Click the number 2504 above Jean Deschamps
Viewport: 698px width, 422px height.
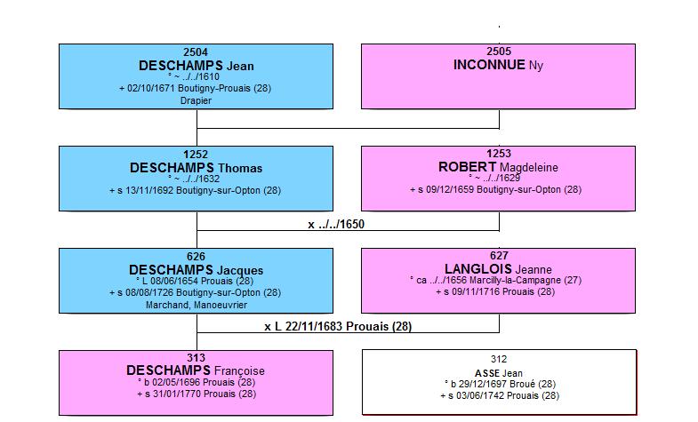click(196, 52)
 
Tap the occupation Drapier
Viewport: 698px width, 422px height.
click(196, 100)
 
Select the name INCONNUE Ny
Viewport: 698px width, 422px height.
click(498, 65)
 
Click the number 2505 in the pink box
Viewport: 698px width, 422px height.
click(499, 52)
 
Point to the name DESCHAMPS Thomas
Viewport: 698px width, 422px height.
click(196, 168)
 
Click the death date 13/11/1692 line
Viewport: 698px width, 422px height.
click(195, 190)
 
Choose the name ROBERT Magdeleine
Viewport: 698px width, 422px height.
click(498, 167)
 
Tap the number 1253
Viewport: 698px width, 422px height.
click(499, 154)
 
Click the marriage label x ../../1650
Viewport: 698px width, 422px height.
click(336, 224)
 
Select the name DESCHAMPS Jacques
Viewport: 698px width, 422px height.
click(196, 270)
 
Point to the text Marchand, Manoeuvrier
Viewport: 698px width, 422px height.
click(197, 305)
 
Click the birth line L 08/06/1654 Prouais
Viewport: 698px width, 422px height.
click(195, 281)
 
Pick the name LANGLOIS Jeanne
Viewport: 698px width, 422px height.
click(498, 269)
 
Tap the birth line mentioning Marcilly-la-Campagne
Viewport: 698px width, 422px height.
click(496, 280)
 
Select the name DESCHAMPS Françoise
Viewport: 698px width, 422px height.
click(196, 370)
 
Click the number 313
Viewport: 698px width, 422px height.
click(196, 357)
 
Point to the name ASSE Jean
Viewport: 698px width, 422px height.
click(499, 373)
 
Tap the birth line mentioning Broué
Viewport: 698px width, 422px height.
click(500, 384)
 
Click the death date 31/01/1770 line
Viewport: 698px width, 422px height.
click(197, 394)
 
